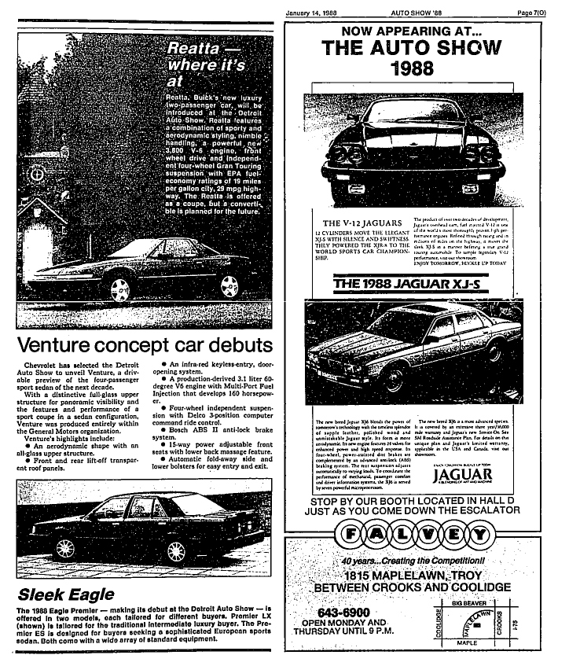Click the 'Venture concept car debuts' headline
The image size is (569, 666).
pos(145,344)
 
